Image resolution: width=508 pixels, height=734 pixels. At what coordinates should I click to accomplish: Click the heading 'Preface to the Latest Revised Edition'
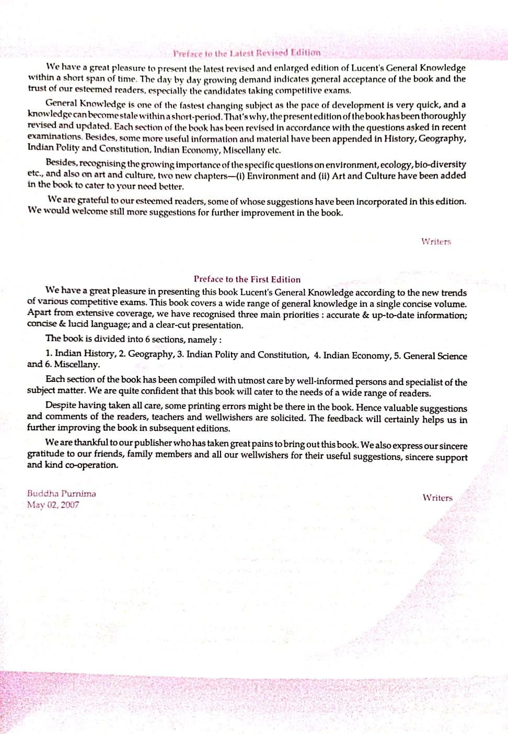247,53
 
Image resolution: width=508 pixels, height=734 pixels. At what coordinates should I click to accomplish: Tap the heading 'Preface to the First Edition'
247,279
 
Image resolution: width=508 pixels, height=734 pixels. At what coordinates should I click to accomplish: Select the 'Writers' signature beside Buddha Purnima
437,498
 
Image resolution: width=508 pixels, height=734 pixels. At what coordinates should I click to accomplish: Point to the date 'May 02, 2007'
53,505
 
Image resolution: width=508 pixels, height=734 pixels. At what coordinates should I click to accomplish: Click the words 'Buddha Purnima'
62,493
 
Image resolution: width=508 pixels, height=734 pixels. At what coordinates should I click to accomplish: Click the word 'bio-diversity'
440,164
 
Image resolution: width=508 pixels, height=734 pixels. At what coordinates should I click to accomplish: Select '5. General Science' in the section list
430,356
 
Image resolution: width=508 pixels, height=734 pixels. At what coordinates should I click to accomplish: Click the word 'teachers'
167,417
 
